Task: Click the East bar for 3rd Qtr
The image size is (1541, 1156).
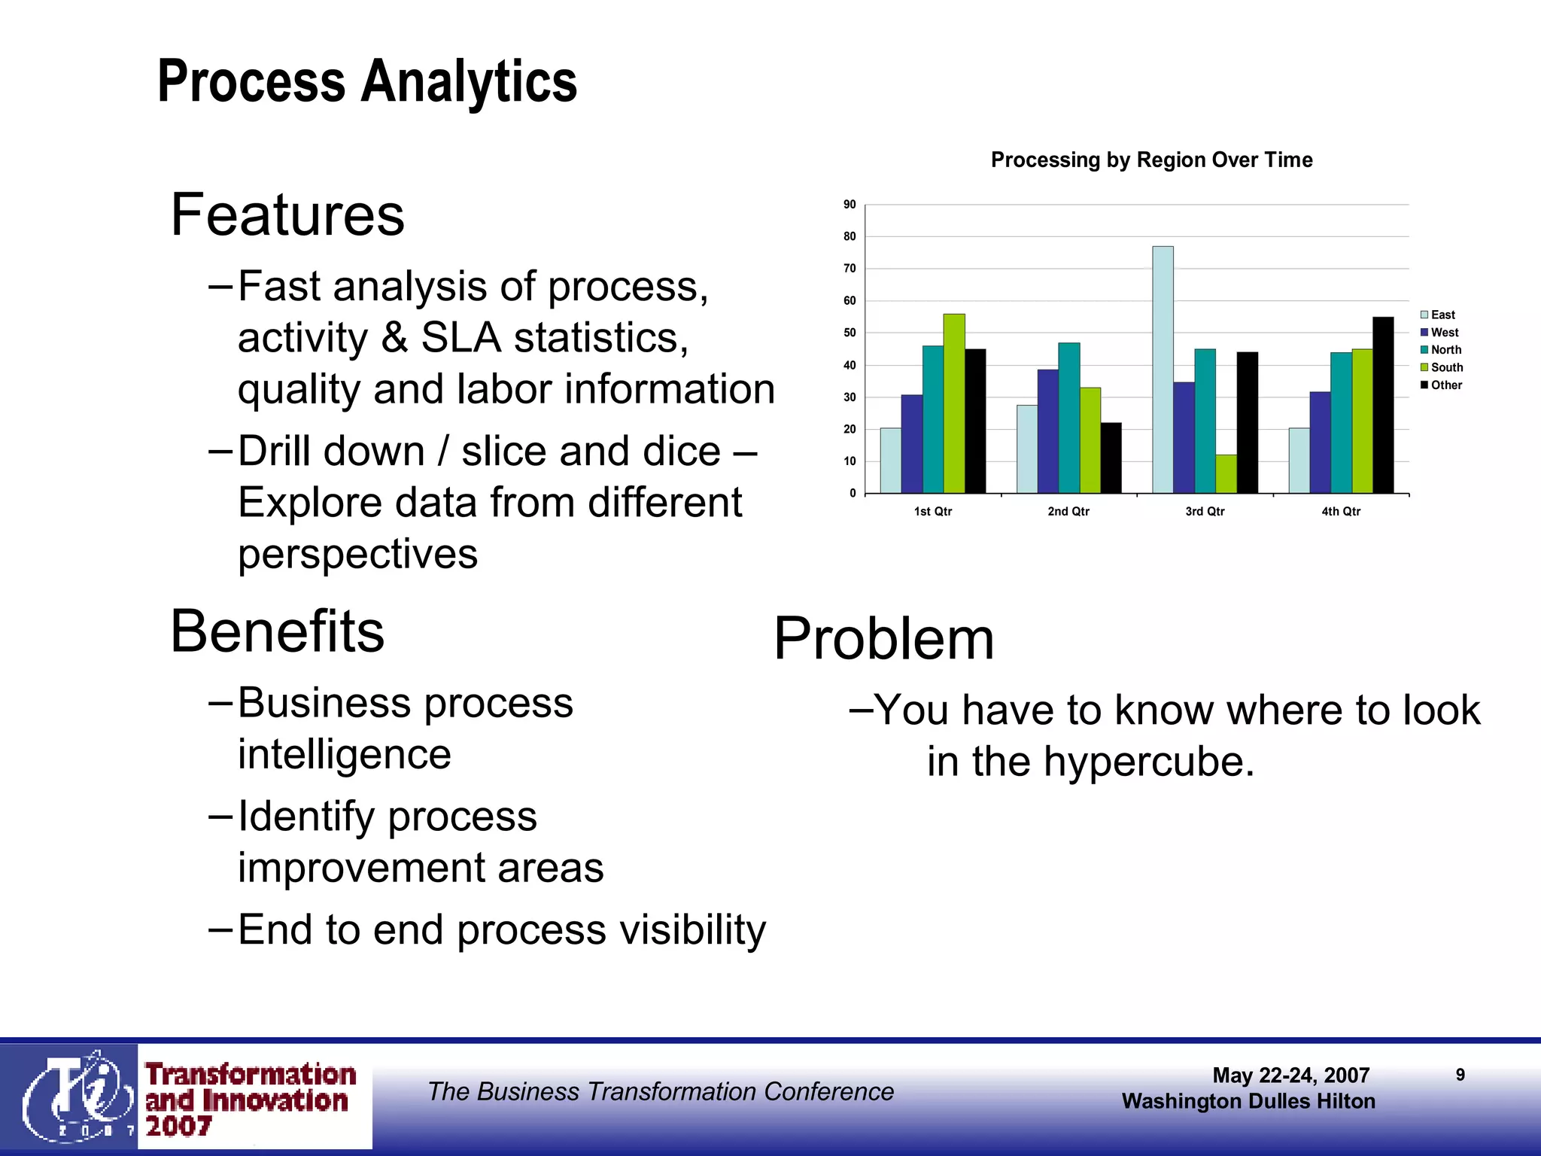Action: (x=1163, y=370)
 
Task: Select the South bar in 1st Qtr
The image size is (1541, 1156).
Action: (x=954, y=403)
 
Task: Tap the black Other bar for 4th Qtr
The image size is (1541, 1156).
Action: (x=1383, y=405)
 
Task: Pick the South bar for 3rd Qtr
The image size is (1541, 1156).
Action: (x=1226, y=474)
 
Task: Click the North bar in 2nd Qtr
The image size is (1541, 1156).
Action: (x=1068, y=418)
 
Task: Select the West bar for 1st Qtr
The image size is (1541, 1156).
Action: (x=911, y=444)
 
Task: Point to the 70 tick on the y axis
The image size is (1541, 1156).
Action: (x=850, y=269)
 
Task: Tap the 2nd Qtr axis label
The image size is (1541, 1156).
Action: (x=1068, y=512)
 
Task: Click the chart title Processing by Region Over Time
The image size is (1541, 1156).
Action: (x=1151, y=160)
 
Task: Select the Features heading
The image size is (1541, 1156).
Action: (x=287, y=215)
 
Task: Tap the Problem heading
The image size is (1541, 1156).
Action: (x=884, y=639)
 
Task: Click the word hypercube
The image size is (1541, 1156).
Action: (x=1149, y=762)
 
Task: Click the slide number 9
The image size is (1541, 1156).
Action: (x=1460, y=1075)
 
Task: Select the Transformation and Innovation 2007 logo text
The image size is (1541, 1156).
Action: (x=250, y=1100)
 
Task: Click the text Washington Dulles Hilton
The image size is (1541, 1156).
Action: (x=1248, y=1102)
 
